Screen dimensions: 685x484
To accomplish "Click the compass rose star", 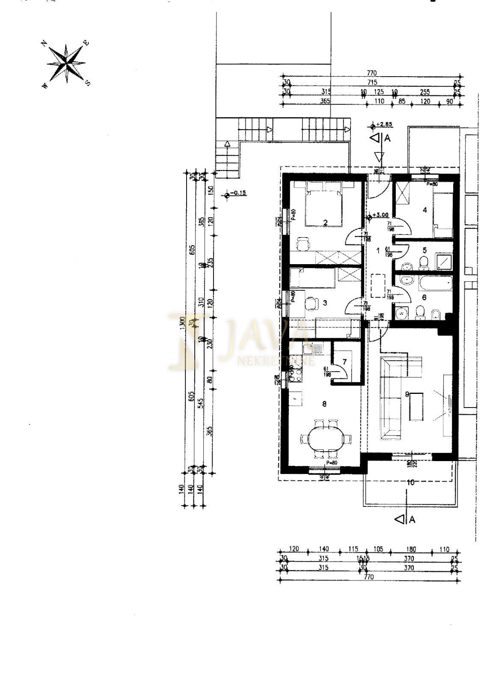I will click(x=66, y=63).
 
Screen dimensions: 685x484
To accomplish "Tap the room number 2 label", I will click(x=325, y=222).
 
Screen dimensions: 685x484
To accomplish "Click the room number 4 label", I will click(x=425, y=210).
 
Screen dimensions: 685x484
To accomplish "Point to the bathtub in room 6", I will click(x=436, y=283).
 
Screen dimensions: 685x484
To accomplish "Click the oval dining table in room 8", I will click(x=325, y=439).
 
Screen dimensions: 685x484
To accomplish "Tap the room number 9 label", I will click(x=407, y=393).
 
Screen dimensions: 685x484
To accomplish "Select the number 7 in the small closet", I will click(x=344, y=362).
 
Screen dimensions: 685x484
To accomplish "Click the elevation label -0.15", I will click(x=238, y=193).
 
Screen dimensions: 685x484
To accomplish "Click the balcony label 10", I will click(x=410, y=482).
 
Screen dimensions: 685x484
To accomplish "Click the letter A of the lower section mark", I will click(x=413, y=519).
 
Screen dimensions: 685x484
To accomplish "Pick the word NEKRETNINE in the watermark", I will click(x=276, y=361).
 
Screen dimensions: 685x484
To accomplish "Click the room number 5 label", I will click(x=425, y=250).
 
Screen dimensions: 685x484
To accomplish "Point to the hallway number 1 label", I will click(x=377, y=250).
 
